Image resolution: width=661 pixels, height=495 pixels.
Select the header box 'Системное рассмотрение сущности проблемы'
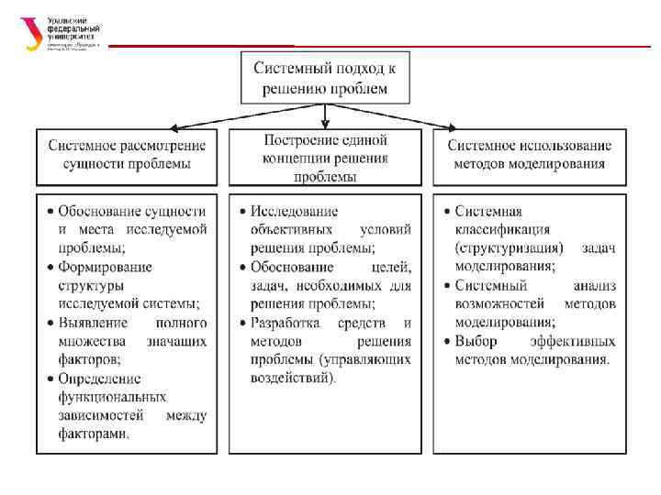(x=127, y=155)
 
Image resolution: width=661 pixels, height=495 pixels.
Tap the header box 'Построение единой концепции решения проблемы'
(x=325, y=157)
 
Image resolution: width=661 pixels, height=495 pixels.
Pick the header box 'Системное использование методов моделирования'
(x=530, y=155)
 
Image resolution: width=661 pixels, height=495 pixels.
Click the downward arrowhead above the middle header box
(x=325, y=125)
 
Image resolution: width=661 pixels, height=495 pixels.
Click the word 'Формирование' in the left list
(x=105, y=267)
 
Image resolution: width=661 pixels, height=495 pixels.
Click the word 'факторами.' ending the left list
(x=94, y=434)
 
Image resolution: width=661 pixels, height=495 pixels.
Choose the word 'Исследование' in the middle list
(x=295, y=212)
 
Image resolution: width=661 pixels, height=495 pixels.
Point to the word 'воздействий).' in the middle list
(x=294, y=378)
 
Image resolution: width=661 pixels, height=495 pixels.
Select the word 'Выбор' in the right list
(x=476, y=341)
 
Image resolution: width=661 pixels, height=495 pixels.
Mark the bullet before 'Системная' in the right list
(x=444, y=212)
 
